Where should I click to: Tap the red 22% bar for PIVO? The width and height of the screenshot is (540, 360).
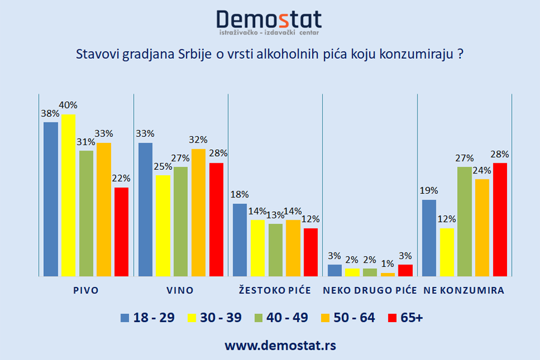(x=121, y=232)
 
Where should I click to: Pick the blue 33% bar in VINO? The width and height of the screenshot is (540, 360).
(x=145, y=209)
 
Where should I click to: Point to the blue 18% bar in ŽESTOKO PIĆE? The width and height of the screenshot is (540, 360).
(x=239, y=240)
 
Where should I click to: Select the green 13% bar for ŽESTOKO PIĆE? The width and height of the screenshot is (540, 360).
(x=275, y=250)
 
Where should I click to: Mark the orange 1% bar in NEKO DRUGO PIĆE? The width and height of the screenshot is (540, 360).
(x=388, y=274)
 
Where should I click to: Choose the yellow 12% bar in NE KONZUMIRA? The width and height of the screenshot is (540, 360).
(x=446, y=252)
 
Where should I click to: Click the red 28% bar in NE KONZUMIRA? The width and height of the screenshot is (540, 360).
(x=500, y=219)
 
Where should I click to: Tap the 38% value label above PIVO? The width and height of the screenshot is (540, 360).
(x=50, y=113)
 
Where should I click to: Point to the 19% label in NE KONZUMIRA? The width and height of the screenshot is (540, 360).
(x=429, y=191)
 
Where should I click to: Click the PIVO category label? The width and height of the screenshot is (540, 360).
(x=85, y=290)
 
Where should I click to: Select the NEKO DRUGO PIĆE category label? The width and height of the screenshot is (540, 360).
(x=370, y=290)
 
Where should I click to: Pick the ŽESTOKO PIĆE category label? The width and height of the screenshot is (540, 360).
(x=275, y=290)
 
